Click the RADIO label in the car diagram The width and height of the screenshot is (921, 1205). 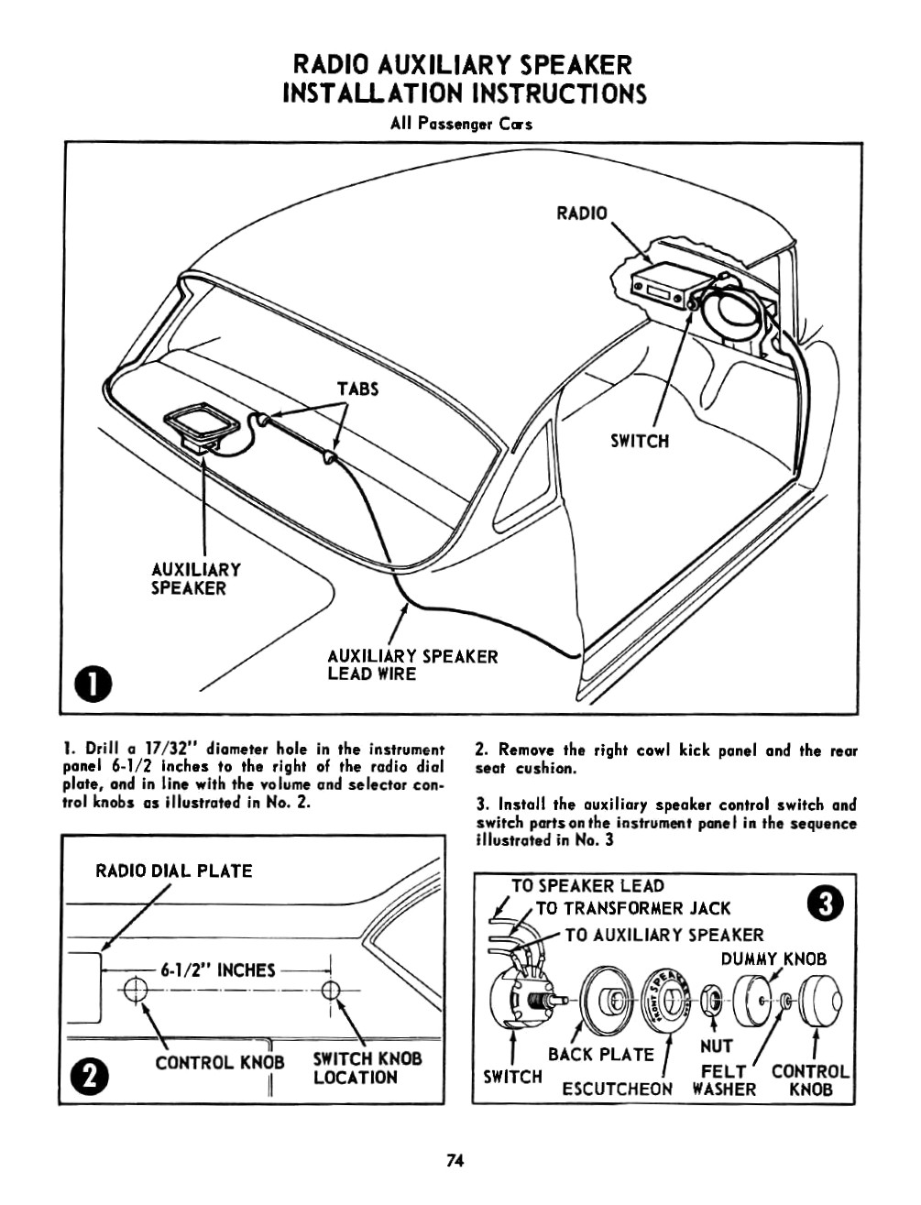pyautogui.click(x=582, y=214)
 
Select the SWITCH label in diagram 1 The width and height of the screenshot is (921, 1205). pyautogui.click(x=640, y=442)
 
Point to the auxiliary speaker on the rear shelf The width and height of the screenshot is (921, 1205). pyautogui.click(x=201, y=425)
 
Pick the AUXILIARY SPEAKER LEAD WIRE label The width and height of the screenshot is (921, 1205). pyautogui.click(x=412, y=665)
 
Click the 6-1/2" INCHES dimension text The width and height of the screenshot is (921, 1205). pyautogui.click(x=217, y=969)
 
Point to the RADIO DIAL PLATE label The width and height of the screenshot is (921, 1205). pyautogui.click(x=174, y=871)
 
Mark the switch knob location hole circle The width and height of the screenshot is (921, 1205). pyautogui.click(x=331, y=990)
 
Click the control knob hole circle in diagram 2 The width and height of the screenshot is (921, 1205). pyautogui.click(x=135, y=990)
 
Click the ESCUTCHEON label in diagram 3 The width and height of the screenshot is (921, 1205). pyautogui.click(x=617, y=1089)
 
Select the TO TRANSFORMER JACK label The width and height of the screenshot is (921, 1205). pyautogui.click(x=633, y=908)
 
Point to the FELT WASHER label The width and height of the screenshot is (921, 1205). pyautogui.click(x=724, y=1080)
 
